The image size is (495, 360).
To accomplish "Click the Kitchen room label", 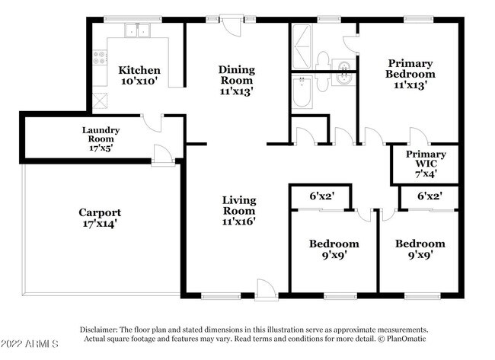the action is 139,70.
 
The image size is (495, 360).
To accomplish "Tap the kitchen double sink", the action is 137,30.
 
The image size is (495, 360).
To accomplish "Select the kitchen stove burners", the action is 100,58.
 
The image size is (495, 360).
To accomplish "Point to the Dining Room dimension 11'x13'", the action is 237,91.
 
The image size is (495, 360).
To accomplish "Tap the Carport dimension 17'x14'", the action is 100,224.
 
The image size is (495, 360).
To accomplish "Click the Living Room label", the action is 239,205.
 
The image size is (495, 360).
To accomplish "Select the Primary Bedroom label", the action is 410,68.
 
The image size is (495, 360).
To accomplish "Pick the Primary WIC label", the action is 426,159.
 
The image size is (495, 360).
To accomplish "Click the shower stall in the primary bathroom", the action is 302,46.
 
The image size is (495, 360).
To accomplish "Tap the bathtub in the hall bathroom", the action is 302,91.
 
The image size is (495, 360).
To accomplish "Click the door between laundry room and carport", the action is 163,155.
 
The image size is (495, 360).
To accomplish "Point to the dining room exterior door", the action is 232,25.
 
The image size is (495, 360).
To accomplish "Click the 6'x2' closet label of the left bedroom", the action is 321,196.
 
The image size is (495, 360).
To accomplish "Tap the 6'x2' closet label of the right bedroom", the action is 430,196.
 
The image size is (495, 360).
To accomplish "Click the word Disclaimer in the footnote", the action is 99,330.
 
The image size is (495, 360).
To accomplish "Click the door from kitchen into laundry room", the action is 152,123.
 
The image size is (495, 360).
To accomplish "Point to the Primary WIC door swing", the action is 420,135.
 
